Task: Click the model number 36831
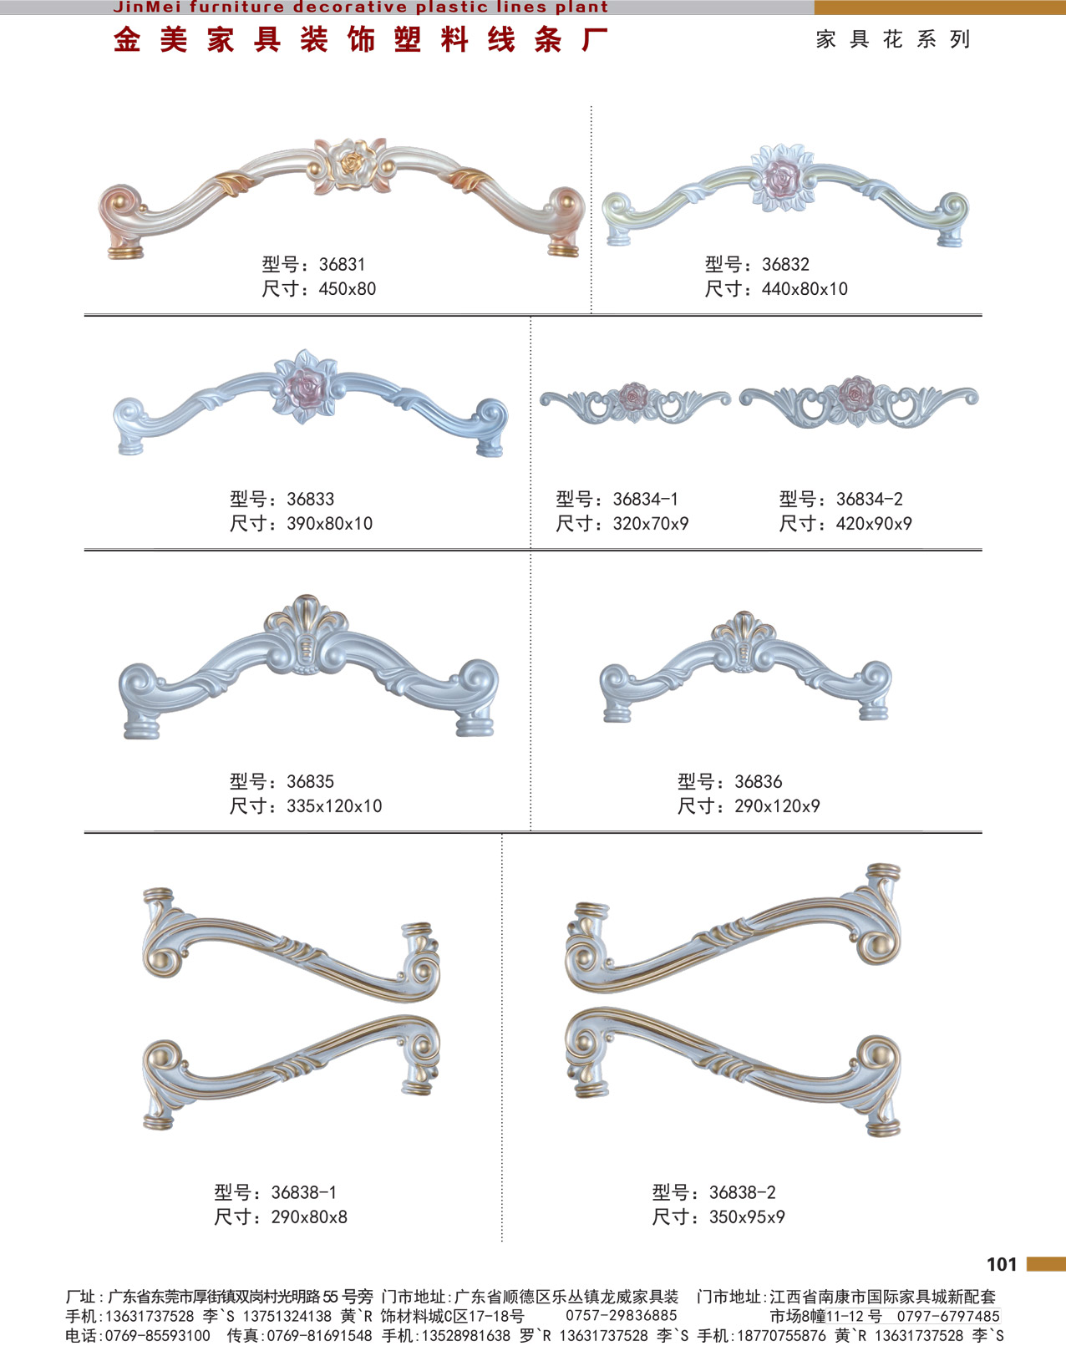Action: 342,265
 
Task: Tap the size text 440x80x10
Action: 805,289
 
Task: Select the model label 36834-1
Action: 645,499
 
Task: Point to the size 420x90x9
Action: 874,524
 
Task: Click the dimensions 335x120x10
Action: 334,806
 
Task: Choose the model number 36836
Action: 759,782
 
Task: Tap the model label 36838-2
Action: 743,1193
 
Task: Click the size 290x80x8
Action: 309,1217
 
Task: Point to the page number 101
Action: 1002,1265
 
